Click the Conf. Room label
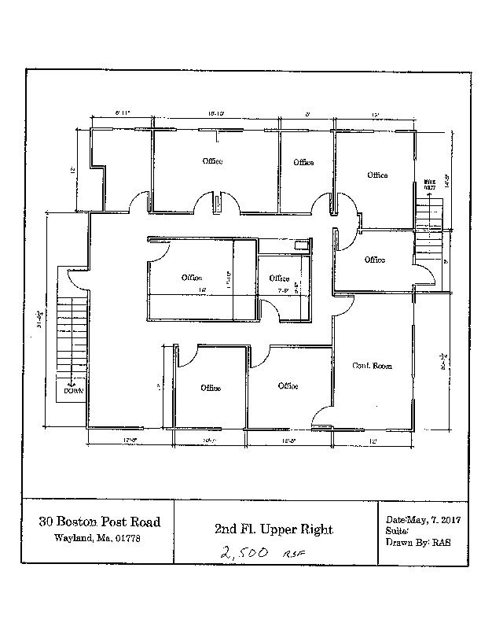point(371,366)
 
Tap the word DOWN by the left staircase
point(74,390)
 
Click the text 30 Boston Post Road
point(100,522)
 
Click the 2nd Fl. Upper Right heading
point(274,529)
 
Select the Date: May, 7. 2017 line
point(423,520)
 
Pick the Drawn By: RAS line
point(418,543)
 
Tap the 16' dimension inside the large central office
point(202,290)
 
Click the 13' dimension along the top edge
point(376,115)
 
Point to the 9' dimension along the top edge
point(307,115)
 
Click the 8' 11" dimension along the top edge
point(122,115)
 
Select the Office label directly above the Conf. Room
point(374,260)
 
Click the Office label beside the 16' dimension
point(192,278)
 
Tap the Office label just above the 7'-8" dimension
point(279,278)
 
